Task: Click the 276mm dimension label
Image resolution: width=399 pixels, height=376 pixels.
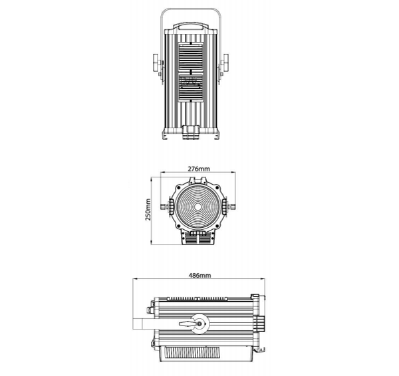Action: pos(199,169)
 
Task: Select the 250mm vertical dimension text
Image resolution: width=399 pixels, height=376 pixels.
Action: pos(148,209)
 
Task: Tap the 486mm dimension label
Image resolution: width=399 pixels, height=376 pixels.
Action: pos(199,275)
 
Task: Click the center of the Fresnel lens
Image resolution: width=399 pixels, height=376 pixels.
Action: pos(198,207)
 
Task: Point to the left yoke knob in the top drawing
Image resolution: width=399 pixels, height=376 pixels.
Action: pos(157,63)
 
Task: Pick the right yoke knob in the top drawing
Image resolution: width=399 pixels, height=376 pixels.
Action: pos(225,63)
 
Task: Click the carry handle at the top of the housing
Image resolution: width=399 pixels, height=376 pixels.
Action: pos(191,26)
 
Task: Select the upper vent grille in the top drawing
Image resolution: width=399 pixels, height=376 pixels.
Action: pos(191,56)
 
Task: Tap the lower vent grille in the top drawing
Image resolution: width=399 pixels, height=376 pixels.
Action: pos(191,86)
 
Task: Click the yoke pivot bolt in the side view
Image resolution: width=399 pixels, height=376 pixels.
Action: pos(199,324)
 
